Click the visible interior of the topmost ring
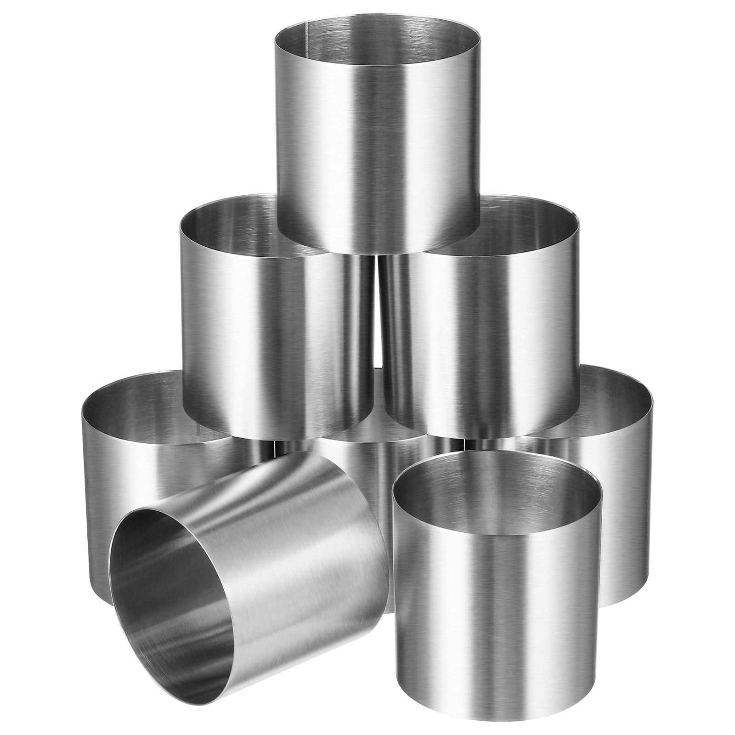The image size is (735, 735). point(377,32)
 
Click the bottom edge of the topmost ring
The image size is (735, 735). point(377,253)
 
